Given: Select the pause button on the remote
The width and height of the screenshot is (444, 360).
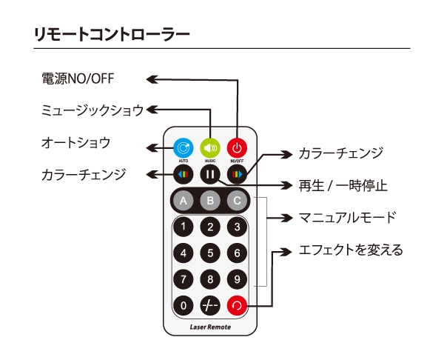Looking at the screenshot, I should (210, 175).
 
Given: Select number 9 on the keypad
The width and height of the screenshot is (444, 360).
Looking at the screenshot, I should (237, 279).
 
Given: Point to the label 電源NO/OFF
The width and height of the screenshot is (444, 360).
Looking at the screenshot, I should (77, 79).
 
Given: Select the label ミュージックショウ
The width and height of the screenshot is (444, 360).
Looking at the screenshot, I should (92, 110).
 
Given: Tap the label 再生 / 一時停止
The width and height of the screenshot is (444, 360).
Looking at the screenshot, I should (342, 184).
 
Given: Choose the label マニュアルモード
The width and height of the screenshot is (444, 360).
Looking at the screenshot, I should (346, 218).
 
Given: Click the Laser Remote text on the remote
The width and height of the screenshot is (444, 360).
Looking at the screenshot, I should (210, 327).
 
